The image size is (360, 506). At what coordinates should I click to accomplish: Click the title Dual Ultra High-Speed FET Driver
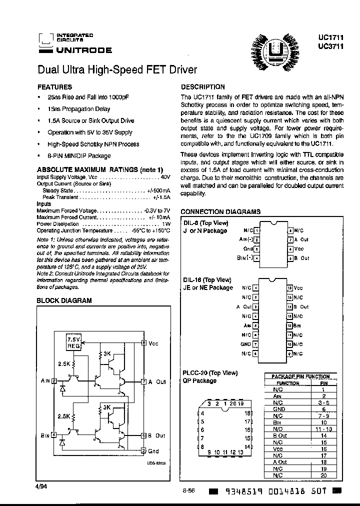117,70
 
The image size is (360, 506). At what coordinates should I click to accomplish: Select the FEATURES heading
55,86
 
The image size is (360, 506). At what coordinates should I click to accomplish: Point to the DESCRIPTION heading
202,86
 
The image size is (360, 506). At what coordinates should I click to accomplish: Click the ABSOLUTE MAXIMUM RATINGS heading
100,169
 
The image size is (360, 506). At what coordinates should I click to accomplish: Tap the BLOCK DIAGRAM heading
64,300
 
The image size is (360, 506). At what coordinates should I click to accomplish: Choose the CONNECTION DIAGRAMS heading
220,211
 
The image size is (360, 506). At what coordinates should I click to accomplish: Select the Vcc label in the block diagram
153,343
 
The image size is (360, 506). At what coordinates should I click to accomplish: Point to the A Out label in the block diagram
156,381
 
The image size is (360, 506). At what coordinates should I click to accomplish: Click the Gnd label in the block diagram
153,451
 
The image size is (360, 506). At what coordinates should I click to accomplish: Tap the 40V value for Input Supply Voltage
165,177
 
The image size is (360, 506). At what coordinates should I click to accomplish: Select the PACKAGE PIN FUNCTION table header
300,376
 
